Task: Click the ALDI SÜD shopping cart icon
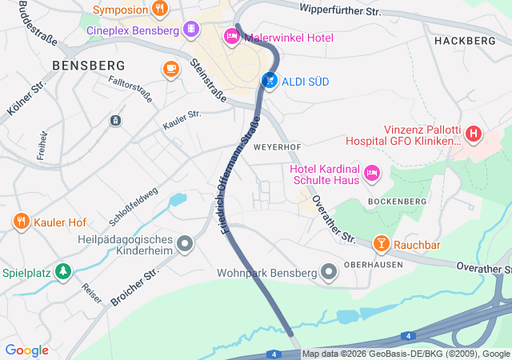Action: click(x=270, y=81)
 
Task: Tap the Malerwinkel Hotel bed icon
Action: click(x=231, y=36)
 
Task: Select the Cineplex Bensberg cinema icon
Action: click(x=190, y=30)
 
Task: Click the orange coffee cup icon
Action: click(x=170, y=69)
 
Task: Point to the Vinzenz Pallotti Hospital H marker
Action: click(x=474, y=133)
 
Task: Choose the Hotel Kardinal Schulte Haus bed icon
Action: click(x=371, y=173)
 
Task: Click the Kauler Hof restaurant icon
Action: click(x=20, y=221)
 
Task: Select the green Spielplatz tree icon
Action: click(x=62, y=273)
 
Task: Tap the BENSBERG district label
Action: click(x=88, y=65)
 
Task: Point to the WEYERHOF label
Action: click(x=277, y=148)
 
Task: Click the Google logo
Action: click(x=27, y=350)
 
